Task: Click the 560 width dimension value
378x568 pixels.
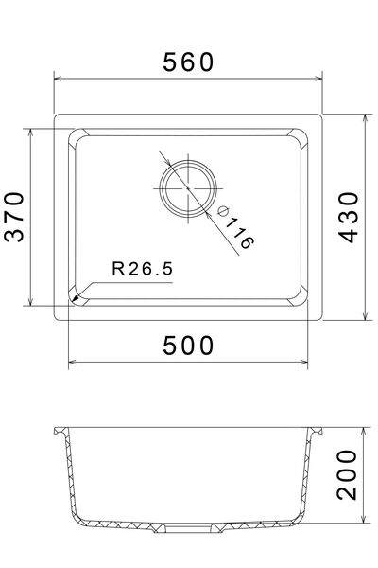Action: [189, 62]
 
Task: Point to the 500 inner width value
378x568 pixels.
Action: [189, 346]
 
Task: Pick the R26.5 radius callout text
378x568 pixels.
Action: [142, 268]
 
